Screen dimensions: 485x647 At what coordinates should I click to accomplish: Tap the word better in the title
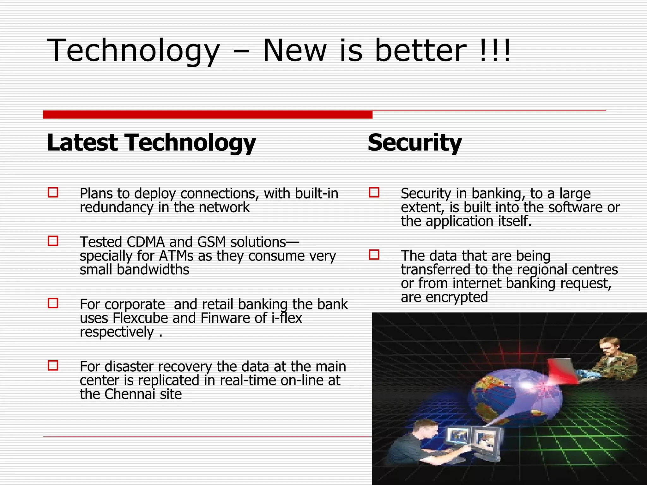(x=420, y=51)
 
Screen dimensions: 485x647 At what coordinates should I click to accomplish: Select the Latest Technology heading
(x=151, y=143)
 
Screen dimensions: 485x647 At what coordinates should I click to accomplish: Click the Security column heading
(x=414, y=143)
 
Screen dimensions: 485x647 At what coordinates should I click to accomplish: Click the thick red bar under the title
(x=208, y=115)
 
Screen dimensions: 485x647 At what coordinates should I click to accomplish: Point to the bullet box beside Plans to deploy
(x=53, y=193)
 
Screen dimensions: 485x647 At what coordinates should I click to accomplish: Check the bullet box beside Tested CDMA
(x=53, y=241)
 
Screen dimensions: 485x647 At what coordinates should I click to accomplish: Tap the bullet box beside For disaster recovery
(x=53, y=366)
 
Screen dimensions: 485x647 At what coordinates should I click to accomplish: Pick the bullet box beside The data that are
(x=374, y=255)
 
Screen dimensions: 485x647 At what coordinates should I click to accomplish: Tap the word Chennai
(x=130, y=394)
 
